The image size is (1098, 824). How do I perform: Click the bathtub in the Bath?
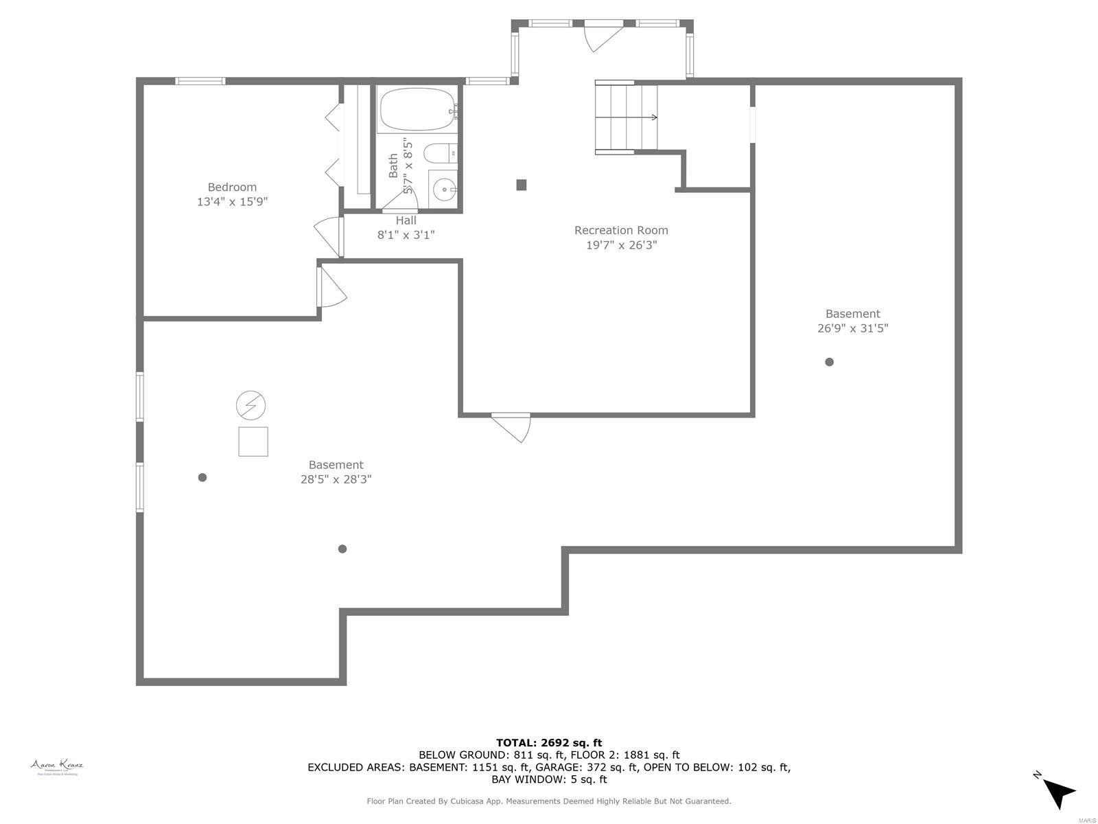pyautogui.click(x=416, y=110)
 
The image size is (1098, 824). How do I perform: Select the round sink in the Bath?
pyautogui.click(x=445, y=187)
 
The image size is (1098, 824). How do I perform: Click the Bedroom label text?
pyautogui.click(x=232, y=187)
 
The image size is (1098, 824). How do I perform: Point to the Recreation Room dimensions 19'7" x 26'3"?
pyautogui.click(x=621, y=245)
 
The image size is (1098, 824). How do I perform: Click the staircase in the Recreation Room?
pyautogui.click(x=624, y=117)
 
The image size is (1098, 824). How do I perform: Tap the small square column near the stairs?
pyautogui.click(x=522, y=185)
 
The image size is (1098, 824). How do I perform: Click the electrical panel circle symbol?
pyautogui.click(x=250, y=406)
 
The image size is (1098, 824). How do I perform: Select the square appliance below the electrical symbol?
pyautogui.click(x=253, y=442)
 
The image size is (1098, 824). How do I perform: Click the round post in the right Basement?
pyautogui.click(x=829, y=362)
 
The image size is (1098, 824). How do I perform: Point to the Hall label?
pyautogui.click(x=406, y=220)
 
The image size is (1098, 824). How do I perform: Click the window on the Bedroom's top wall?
pyautogui.click(x=200, y=81)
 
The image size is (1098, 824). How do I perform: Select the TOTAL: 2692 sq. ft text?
pyautogui.click(x=549, y=742)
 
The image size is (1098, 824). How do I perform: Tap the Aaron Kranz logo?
pyautogui.click(x=57, y=767)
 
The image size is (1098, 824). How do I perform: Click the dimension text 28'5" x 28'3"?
pyautogui.click(x=336, y=479)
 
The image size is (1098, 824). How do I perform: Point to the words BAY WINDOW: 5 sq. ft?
pyautogui.click(x=549, y=779)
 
